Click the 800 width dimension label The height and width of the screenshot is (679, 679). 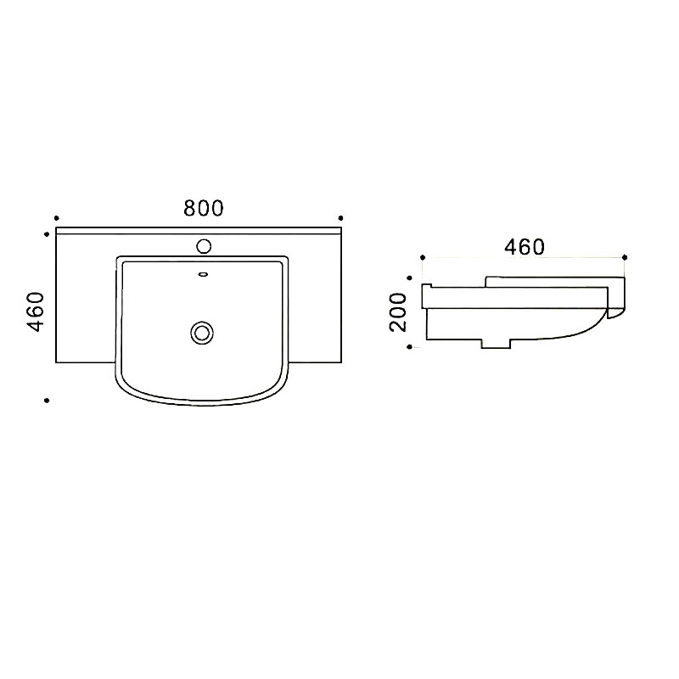coord(203,208)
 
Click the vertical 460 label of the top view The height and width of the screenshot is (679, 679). coord(36,311)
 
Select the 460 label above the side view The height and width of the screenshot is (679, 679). coord(524,247)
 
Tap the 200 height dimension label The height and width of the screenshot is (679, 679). coord(398,312)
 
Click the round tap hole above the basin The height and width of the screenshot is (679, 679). coord(204,246)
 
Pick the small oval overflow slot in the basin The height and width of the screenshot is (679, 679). coord(203,274)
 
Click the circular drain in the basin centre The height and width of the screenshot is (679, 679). coord(202,333)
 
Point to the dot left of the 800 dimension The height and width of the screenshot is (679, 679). coord(56,218)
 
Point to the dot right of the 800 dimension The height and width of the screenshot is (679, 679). coord(341,218)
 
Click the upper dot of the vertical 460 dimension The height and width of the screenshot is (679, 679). coord(47,234)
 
